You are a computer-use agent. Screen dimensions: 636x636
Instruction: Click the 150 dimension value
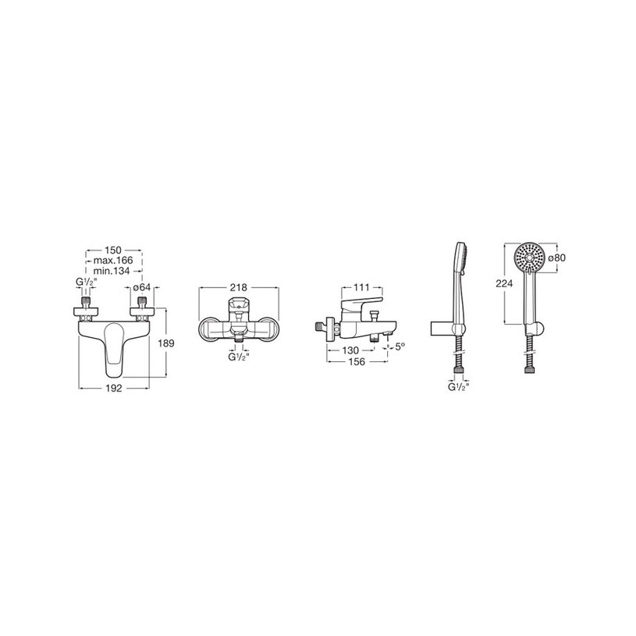[112, 250]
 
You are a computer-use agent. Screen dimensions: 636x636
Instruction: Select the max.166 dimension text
[113, 261]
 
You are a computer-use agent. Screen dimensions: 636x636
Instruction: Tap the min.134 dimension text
[112, 271]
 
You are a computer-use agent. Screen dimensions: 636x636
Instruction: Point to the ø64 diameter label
[142, 288]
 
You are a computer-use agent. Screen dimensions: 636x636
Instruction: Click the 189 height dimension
[166, 343]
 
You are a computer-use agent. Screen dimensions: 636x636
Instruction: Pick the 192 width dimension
[114, 388]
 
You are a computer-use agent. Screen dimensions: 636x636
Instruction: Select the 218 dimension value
[239, 288]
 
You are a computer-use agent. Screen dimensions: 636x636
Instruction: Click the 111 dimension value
[362, 288]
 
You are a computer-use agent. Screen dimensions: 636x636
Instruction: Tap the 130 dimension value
[350, 350]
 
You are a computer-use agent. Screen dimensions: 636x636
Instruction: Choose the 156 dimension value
[357, 362]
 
